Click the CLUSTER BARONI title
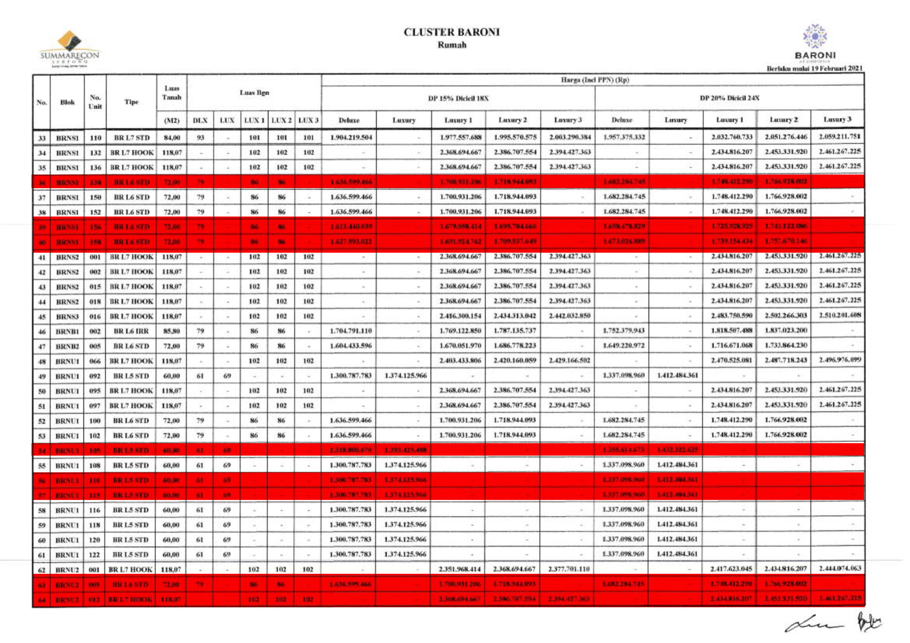pos(451,32)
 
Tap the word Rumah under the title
pos(452,45)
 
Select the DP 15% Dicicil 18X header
pos(458,98)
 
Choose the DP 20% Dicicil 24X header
pos(729,98)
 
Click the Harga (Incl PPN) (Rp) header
pos(594,80)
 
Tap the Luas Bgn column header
pos(254,93)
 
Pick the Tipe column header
pos(131,102)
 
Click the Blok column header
pos(67,102)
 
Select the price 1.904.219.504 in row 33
pos(350,138)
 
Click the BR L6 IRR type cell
pos(131,331)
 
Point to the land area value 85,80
pos(172,331)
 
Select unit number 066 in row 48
pos(95,361)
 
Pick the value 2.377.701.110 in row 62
pos(569,570)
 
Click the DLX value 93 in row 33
pos(200,138)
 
